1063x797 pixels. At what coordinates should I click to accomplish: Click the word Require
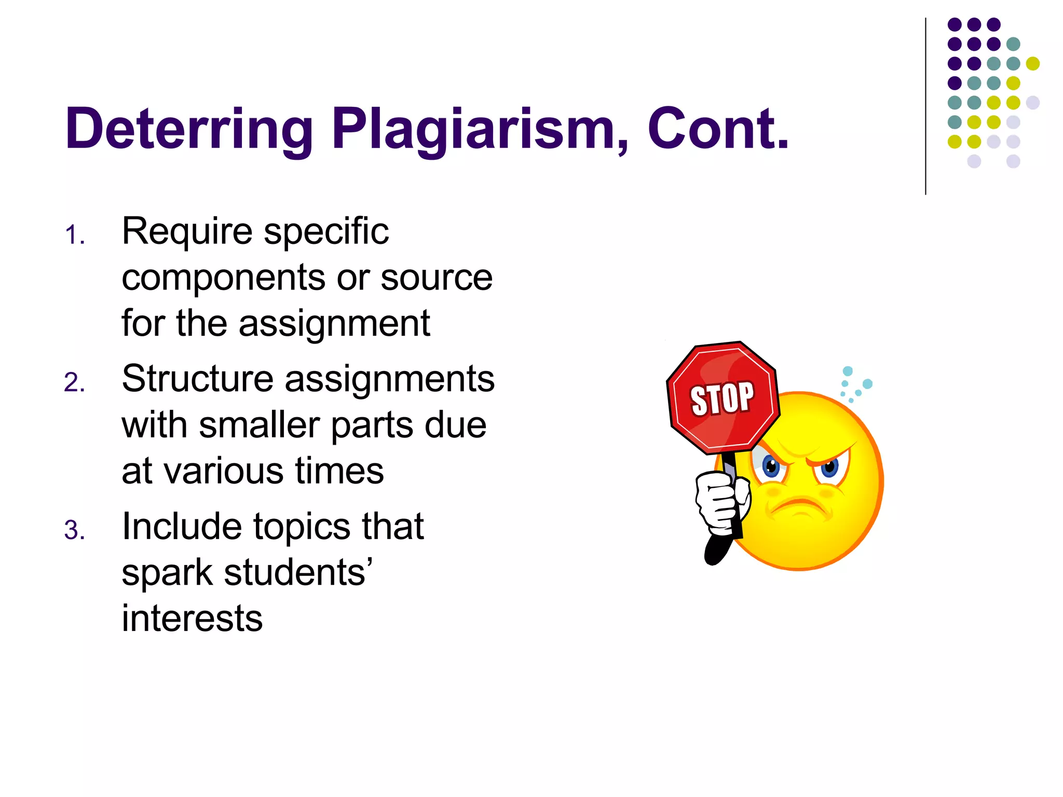tap(187, 232)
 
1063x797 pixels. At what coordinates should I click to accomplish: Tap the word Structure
tap(197, 379)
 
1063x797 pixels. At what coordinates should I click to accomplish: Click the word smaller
tap(259, 425)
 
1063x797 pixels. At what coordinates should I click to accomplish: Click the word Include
tap(182, 527)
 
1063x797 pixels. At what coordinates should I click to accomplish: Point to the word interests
tap(192, 619)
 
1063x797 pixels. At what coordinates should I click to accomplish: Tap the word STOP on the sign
tap(722, 398)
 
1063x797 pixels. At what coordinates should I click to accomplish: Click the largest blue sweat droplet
tap(867, 384)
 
